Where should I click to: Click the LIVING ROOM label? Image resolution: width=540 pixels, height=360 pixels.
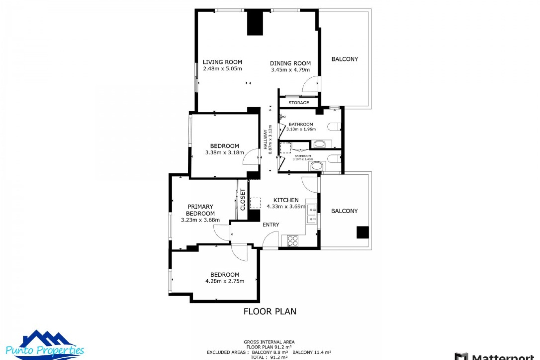222,62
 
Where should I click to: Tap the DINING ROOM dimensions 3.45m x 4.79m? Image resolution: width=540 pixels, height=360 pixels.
290,70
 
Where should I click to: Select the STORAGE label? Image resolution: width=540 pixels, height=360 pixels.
298,103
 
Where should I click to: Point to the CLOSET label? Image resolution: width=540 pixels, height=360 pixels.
243,199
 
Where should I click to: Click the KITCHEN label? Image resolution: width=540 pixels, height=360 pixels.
286,200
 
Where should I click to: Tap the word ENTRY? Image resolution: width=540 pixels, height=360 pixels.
271,225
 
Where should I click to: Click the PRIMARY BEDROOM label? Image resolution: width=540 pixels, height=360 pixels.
200,210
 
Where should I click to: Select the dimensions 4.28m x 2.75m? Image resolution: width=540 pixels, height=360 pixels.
225,281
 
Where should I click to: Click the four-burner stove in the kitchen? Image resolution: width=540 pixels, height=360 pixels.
292,241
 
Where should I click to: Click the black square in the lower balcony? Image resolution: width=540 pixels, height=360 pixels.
363,232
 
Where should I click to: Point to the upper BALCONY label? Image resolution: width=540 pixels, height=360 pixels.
345,59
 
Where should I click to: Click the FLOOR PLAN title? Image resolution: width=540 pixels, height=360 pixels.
270,311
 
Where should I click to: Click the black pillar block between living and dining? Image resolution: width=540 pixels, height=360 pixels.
255,23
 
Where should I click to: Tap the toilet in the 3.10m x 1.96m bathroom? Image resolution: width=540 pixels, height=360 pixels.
334,127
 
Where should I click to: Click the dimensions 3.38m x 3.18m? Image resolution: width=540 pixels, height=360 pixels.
224,153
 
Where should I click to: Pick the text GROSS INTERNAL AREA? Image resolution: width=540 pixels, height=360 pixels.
269,342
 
